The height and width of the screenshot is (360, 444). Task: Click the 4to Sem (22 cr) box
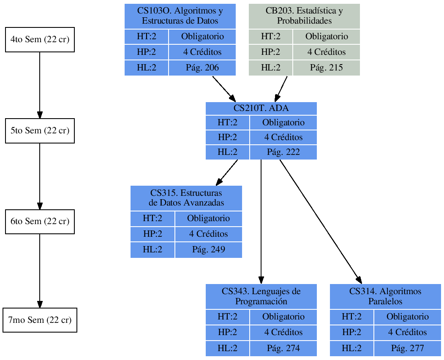point(40,40)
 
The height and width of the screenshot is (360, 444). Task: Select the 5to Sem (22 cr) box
point(40,131)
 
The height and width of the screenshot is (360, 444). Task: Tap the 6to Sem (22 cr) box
point(40,222)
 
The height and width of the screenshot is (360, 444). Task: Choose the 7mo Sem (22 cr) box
point(40,320)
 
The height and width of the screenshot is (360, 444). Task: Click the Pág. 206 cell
point(202,68)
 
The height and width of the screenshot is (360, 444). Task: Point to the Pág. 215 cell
point(326,68)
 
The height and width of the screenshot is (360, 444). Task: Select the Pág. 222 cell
point(283,152)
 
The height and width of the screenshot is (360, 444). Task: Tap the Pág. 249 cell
point(208,249)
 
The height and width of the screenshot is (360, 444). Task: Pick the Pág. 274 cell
point(283,348)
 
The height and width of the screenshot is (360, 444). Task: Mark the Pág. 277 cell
point(407,348)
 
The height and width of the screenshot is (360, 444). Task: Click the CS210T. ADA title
point(261,108)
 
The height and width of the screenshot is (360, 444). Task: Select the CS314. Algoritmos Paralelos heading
point(385,296)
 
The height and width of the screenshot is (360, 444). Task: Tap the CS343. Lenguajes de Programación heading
point(261,296)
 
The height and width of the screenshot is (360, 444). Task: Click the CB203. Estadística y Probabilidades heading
point(304,16)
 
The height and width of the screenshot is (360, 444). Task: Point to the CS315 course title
point(186,198)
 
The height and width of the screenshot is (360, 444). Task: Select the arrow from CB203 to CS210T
point(282,89)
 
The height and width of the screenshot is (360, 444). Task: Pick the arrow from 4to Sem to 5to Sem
point(40,84)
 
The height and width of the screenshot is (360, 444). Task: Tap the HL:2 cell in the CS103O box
point(146,68)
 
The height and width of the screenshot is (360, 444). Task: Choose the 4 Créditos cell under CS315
point(208,234)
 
